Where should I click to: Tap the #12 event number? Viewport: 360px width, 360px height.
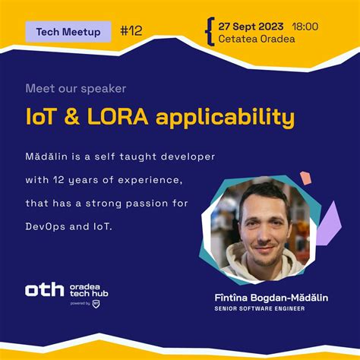click(x=131, y=31)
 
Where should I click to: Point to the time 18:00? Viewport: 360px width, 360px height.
click(x=305, y=26)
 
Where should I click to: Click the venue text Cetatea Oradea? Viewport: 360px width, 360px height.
click(x=257, y=39)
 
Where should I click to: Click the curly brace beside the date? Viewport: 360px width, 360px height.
click(x=209, y=31)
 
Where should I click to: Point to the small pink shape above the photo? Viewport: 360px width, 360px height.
click(x=305, y=178)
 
